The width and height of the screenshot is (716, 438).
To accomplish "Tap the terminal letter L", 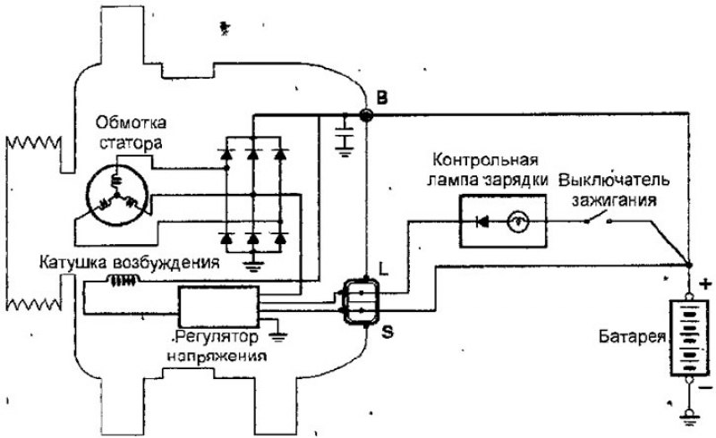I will [383, 267].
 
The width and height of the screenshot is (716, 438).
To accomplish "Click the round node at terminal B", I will [365, 114].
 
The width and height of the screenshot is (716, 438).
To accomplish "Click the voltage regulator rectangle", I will [218, 307].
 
